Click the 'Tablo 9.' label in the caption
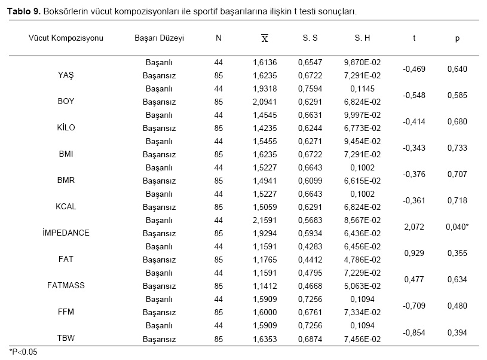coord(24,11)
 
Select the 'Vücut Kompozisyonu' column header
coord(66,38)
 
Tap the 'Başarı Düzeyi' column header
coord(160,38)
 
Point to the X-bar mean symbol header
coord(265,38)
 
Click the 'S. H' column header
coord(362,38)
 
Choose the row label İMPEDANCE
coord(66,233)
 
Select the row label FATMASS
coord(66,285)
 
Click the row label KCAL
coord(66,206)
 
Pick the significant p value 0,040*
coord(457,227)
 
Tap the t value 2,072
coord(414,227)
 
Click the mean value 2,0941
coord(265,102)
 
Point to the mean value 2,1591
coord(265,220)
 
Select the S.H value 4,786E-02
coord(362,260)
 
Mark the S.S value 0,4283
coord(310,246)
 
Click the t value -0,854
coord(414,332)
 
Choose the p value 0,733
coord(457,148)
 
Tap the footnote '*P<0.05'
coord(23,352)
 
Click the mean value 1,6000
coord(265,312)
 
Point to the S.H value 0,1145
coord(362,89)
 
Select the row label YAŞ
coord(66,75)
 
